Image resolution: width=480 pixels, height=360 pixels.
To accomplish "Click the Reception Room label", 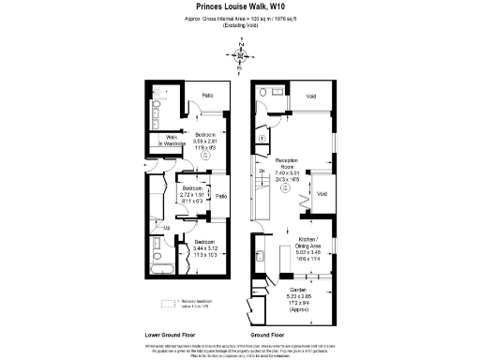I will [x=287, y=161].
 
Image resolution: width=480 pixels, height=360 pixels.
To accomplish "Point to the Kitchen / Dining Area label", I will [x=310, y=243].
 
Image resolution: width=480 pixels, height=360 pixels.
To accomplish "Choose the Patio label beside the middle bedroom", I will [x=221, y=197].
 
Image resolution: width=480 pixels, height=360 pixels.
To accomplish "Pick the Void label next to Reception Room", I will [x=322, y=194].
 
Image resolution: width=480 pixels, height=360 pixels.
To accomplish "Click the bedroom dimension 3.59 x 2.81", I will [x=205, y=141].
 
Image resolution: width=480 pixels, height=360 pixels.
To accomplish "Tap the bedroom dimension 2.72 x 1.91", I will [x=191, y=195].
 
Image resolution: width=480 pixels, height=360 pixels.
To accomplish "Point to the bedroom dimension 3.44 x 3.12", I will [x=205, y=248].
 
